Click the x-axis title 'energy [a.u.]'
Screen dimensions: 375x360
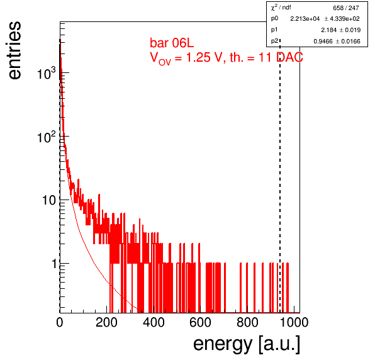click(247, 344)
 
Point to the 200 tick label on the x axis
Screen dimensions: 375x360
click(106, 322)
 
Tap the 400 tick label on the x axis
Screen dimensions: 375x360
click(154, 322)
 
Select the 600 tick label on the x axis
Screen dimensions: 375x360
click(201, 322)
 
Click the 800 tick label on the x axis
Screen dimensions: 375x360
click(247, 322)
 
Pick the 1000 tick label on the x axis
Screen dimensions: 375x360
click(294, 322)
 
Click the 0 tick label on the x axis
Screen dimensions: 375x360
click(60, 322)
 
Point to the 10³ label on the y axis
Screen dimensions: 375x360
click(47, 73)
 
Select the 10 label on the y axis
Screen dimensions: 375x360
click(49, 200)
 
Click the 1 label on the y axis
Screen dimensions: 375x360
click(54, 264)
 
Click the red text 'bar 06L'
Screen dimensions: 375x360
click(172, 43)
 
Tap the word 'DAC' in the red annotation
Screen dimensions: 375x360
click(289, 57)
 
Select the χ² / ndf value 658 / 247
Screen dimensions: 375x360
click(346, 8)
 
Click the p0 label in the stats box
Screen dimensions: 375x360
click(274, 19)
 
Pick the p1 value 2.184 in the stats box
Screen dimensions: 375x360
click(329, 30)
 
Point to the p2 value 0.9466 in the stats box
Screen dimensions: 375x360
click(323, 42)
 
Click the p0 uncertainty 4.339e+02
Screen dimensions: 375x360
click(345, 19)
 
